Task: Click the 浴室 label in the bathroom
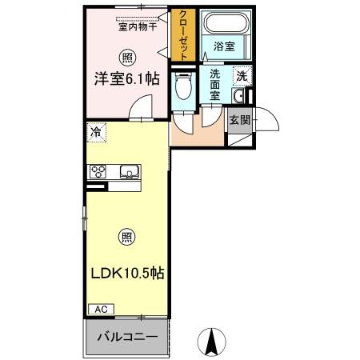point(223,47)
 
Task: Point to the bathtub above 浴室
point(224,24)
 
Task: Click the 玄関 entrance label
point(238,120)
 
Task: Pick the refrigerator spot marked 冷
point(96,133)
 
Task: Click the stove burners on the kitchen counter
point(98,170)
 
